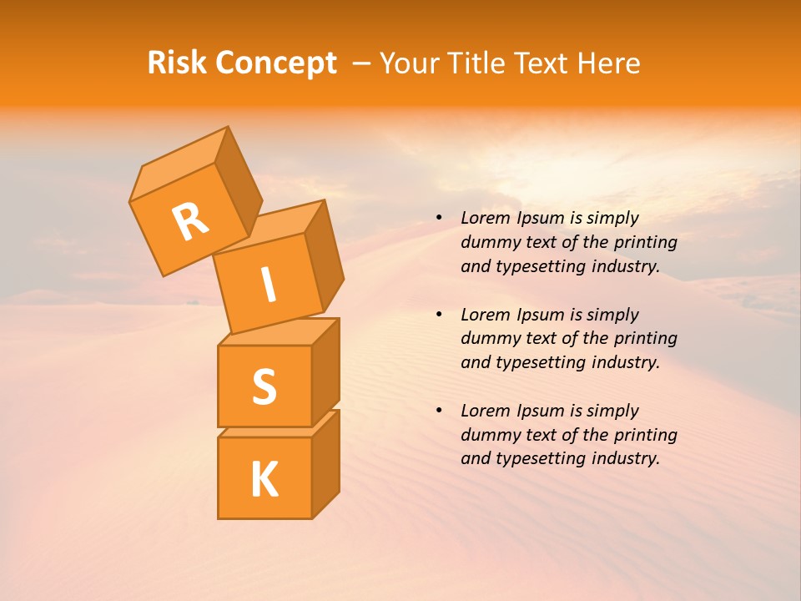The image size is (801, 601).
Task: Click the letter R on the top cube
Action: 190,221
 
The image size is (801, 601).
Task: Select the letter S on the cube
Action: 264,386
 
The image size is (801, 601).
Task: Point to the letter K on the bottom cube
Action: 264,479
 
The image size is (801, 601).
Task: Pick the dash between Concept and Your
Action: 361,63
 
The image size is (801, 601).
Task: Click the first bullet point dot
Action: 439,218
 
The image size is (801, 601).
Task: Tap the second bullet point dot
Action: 439,315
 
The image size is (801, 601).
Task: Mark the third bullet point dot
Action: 439,411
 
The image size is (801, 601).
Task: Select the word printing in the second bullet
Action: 645,339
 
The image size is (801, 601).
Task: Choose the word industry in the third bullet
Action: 624,458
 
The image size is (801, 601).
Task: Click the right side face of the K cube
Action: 326,463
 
